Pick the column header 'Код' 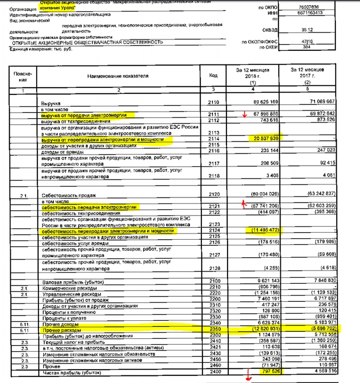coord(213,75)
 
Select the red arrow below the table coord(247,379)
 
